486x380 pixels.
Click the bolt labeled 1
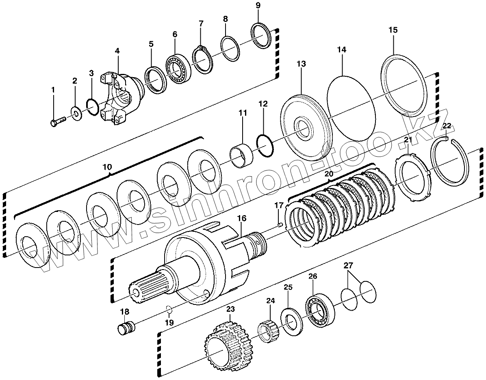coord(59,121)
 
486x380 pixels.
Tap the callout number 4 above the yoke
coord(117,52)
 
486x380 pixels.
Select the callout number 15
coord(393,30)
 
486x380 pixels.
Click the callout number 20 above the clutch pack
coord(329,173)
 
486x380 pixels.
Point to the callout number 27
coord(348,266)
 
